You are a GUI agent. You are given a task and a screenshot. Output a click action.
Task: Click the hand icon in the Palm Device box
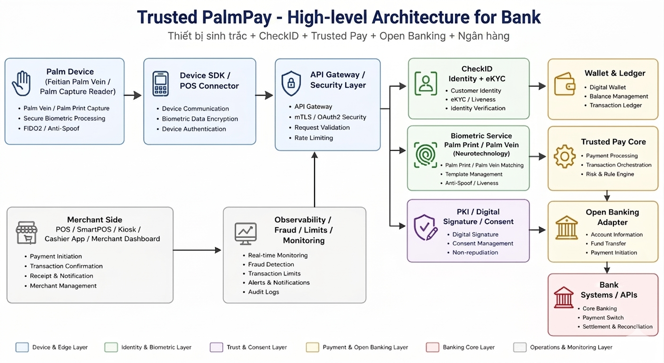pyautogui.click(x=21, y=83)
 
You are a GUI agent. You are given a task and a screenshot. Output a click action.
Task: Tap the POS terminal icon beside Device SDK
pyautogui.click(x=160, y=84)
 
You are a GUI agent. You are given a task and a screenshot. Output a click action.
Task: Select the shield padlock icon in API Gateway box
pyautogui.click(x=291, y=83)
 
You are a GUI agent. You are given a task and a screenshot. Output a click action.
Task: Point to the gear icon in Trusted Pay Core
pyautogui.click(x=564, y=156)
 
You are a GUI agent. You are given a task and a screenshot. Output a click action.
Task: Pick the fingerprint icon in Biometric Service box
pyautogui.click(x=425, y=155)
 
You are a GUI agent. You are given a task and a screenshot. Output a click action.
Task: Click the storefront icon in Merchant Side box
pyautogui.click(x=26, y=233)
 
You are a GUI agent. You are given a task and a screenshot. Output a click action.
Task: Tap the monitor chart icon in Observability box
pyautogui.click(x=245, y=233)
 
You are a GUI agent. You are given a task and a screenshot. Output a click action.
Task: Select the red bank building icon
pyautogui.click(x=564, y=297)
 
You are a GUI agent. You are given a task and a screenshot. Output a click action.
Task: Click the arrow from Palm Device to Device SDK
pyautogui.click(x=133, y=95)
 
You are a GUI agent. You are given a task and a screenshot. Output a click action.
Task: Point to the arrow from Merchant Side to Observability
pyautogui.click(x=197, y=250)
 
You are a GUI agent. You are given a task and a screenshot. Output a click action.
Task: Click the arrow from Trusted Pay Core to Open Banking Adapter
pyautogui.click(x=607, y=196)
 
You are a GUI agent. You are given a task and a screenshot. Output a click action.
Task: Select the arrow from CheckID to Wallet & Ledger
pyautogui.click(x=537, y=86)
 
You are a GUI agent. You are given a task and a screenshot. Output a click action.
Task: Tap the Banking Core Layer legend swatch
pyautogui.click(x=432, y=347)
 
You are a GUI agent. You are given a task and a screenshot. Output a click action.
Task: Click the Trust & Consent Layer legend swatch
pyautogui.click(x=217, y=347)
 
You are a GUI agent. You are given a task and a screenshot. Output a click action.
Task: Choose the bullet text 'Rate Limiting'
pyautogui.click(x=314, y=138)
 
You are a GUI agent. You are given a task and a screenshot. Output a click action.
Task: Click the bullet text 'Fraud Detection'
pyautogui.click(x=271, y=264)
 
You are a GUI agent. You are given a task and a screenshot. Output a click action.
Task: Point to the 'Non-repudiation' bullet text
pyautogui.click(x=475, y=252)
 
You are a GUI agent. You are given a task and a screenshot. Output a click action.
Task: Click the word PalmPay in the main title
pyautogui.click(x=237, y=17)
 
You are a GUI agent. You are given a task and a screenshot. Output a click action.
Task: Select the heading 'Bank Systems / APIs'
pyautogui.click(x=609, y=290)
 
